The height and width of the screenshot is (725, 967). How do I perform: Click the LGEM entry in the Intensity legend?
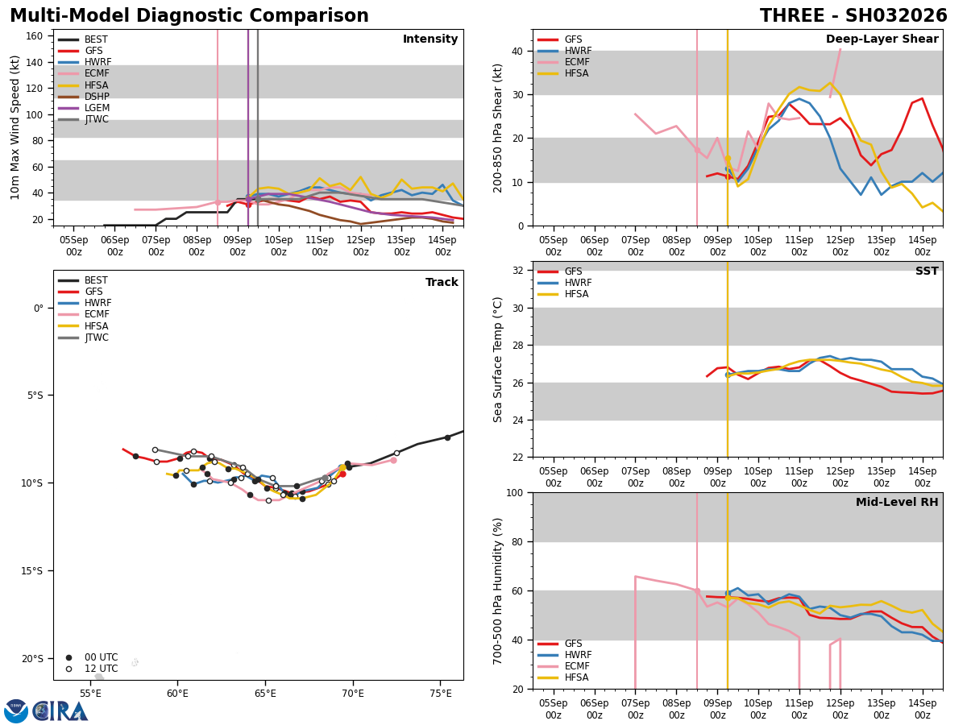pyautogui.click(x=97, y=108)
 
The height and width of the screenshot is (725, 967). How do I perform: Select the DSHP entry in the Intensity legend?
pyautogui.click(x=97, y=97)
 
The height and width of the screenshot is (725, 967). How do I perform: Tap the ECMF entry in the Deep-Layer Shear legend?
pyautogui.click(x=575, y=62)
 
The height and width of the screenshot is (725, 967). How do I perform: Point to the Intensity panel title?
pyautogui.click(x=430, y=39)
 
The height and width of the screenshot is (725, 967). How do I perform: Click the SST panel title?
pyautogui.click(x=926, y=271)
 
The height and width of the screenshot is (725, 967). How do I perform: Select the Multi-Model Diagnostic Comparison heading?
pyautogui.click(x=189, y=16)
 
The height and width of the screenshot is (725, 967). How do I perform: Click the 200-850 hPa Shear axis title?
pyautogui.click(x=498, y=127)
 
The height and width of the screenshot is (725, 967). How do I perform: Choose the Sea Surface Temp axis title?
pyautogui.click(x=498, y=359)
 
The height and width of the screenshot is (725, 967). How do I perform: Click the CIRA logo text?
pyautogui.click(x=60, y=710)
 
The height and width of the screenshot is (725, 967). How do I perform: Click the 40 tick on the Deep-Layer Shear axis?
pyautogui.click(x=521, y=51)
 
